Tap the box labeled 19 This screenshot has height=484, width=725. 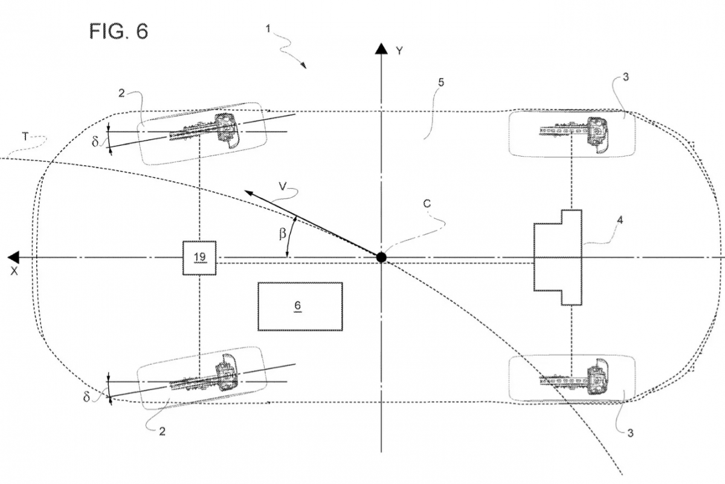[199, 258]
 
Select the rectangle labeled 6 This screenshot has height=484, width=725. [300, 306]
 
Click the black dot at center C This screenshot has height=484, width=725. [381, 258]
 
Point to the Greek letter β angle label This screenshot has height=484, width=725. [282, 233]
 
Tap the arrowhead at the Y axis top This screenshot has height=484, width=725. [381, 49]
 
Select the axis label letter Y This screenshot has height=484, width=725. [399, 51]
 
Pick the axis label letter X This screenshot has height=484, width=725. [13, 272]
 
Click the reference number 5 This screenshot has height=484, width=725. [441, 82]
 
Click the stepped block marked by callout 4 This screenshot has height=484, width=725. [558, 257]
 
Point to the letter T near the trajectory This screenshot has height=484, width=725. [24, 137]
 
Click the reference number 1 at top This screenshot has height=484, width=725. [268, 28]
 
